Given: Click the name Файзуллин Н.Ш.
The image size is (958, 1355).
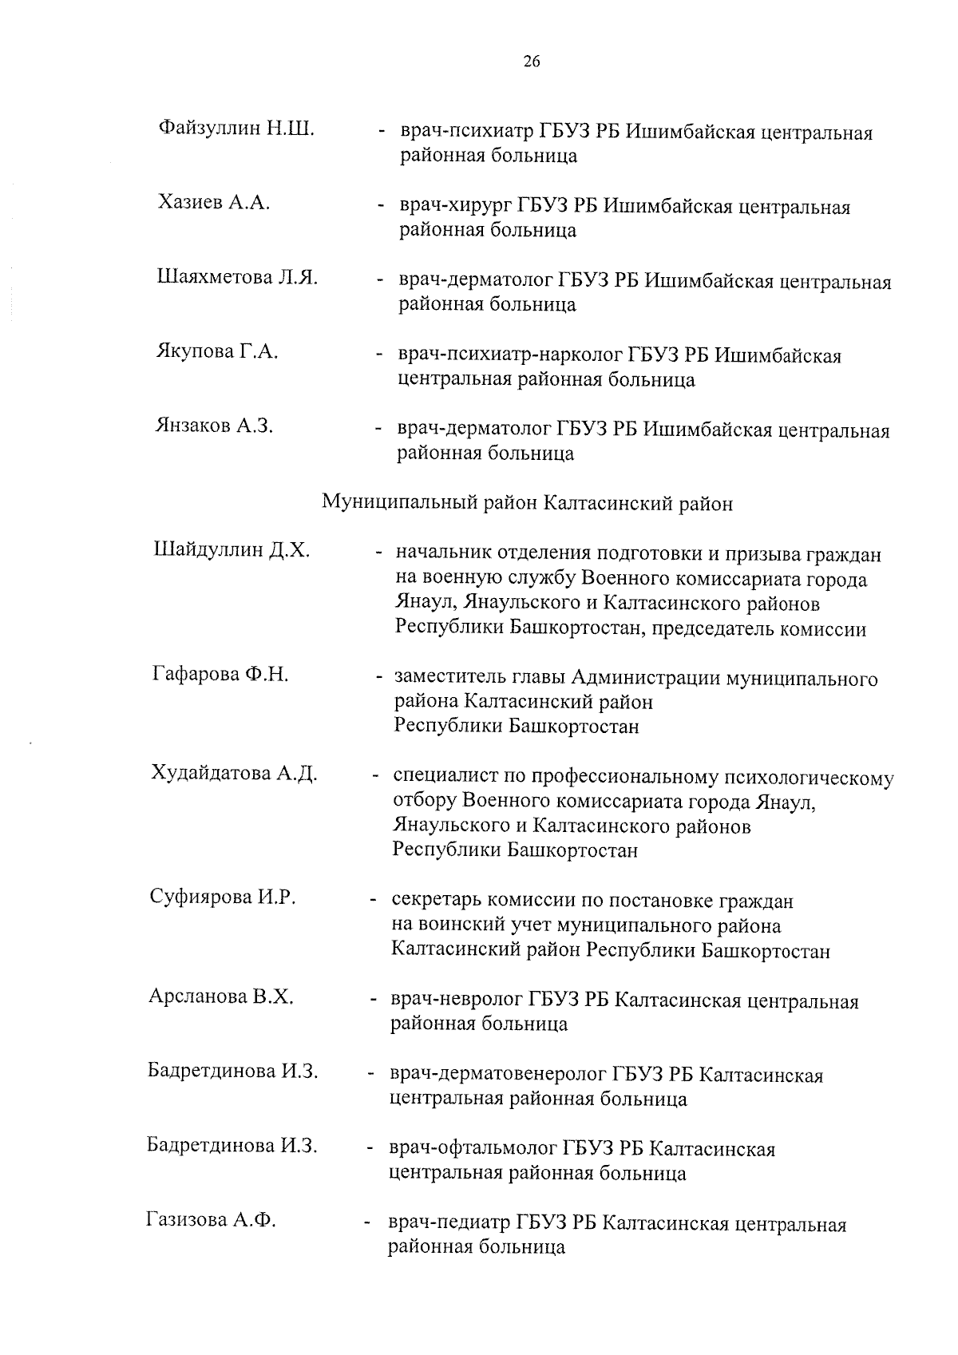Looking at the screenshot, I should point(236,128).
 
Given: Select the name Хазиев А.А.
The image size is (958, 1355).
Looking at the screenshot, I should point(214,203).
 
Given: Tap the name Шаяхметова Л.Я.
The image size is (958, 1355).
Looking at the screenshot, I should point(237,277).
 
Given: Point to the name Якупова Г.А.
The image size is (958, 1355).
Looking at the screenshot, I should point(216,351).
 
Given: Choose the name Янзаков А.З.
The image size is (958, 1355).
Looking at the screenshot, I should point(214,426).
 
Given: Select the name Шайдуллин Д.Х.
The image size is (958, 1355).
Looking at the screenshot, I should point(232,550).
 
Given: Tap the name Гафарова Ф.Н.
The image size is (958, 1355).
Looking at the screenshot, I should point(220,675).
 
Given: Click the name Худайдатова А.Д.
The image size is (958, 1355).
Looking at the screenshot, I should point(235,773).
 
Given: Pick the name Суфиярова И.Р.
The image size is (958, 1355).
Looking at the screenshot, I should point(223,897).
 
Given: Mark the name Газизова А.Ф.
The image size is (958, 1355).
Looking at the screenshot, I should point(211,1219).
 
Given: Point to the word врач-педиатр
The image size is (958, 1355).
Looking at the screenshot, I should point(448,1225).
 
